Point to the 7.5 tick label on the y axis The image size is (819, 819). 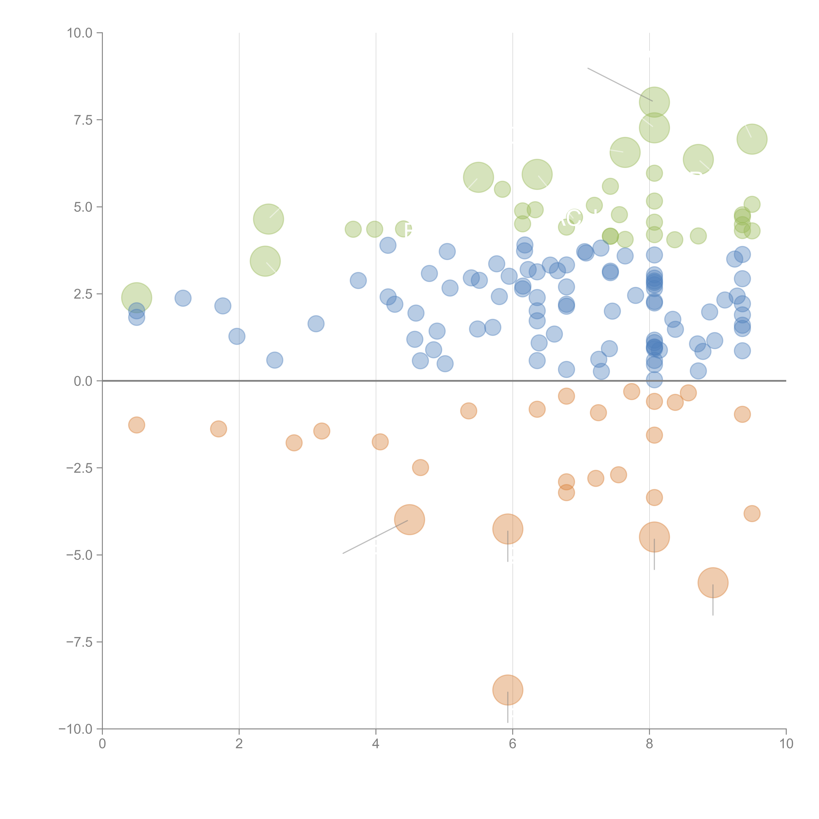(x=83, y=120)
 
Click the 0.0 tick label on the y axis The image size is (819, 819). (x=83, y=381)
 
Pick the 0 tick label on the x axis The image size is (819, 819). (x=102, y=744)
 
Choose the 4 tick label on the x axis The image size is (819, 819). (x=376, y=744)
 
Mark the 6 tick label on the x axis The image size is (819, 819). (x=513, y=744)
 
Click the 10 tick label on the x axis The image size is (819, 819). (x=786, y=744)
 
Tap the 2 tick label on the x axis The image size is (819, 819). (x=239, y=744)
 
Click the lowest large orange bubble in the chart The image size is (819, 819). (x=507, y=690)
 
